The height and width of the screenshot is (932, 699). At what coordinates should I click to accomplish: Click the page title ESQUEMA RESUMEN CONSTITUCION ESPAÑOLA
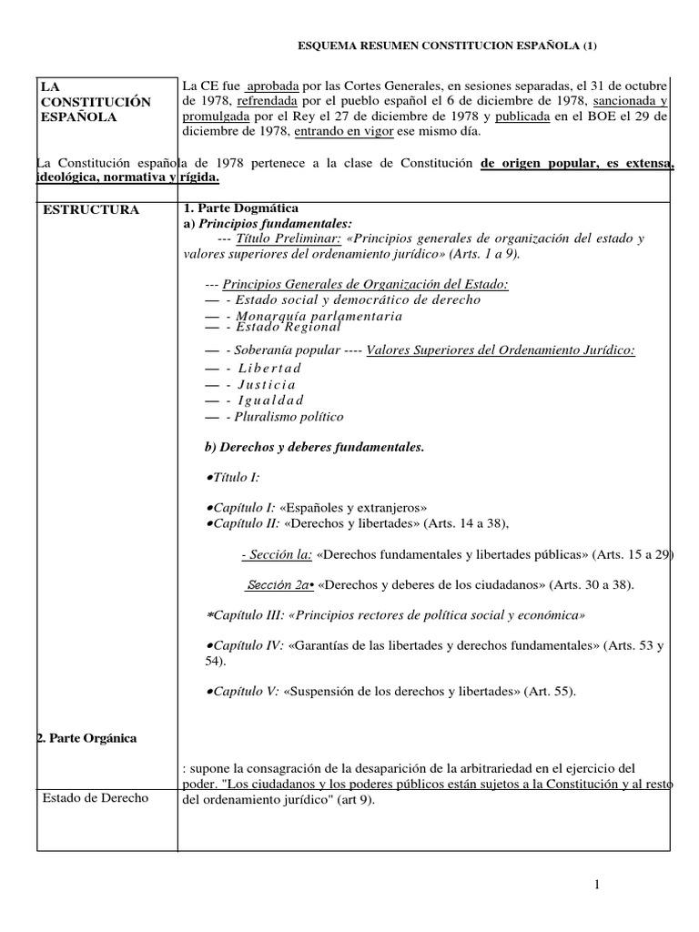pos(449,46)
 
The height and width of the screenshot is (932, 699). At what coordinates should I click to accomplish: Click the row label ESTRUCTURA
pos(91,209)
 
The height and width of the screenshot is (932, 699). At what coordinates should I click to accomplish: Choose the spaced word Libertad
pos(269,368)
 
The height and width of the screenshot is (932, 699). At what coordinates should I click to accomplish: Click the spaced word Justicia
pos(267,384)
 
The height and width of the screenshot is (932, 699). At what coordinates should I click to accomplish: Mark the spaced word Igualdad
pos(270,400)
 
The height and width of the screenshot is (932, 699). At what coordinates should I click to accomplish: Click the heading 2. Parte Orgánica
pos(88,738)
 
